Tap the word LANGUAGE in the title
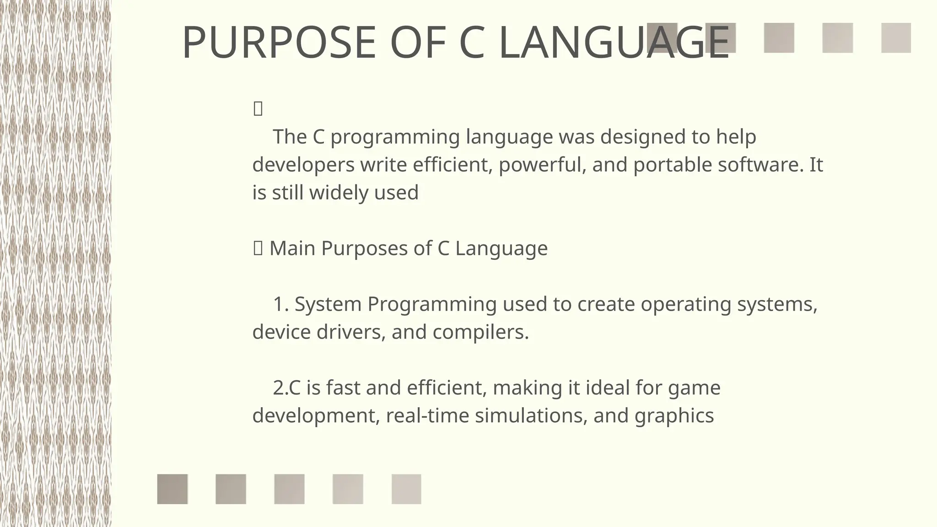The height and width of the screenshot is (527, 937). click(614, 43)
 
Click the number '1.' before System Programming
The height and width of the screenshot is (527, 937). click(281, 304)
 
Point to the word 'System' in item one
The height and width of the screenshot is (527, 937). click(328, 304)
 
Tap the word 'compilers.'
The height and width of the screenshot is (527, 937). click(481, 332)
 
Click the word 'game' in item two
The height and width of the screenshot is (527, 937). click(694, 388)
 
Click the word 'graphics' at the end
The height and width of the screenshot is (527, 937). click(674, 416)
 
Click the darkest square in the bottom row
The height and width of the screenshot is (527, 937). click(172, 489)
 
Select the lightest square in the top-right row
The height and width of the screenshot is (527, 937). click(896, 38)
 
